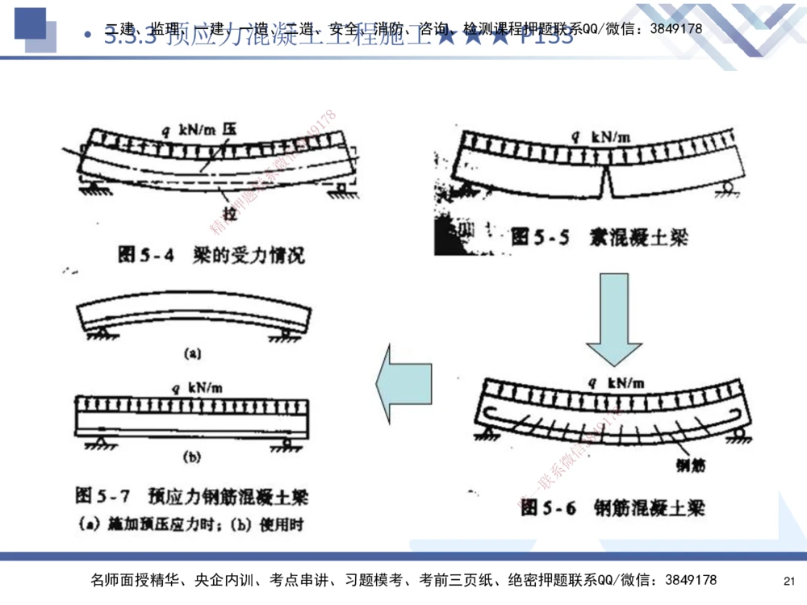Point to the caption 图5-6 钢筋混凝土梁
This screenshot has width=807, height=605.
(613, 507)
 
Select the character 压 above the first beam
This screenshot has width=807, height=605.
(230, 127)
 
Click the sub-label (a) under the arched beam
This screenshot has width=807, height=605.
(192, 353)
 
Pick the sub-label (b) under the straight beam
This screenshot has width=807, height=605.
(192, 457)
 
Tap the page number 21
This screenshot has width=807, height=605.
(789, 581)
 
